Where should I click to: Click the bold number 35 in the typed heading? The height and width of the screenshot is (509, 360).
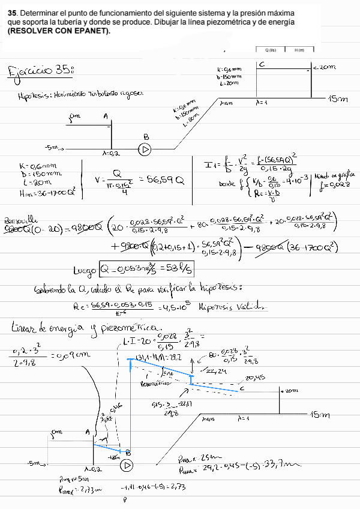click(12, 11)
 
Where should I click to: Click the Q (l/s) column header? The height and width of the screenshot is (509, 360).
click(270, 50)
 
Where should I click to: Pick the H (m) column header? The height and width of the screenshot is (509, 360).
click(300, 50)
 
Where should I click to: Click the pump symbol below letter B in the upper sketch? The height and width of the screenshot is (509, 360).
click(144, 149)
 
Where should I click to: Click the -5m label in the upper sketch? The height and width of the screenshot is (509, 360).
click(53, 146)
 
